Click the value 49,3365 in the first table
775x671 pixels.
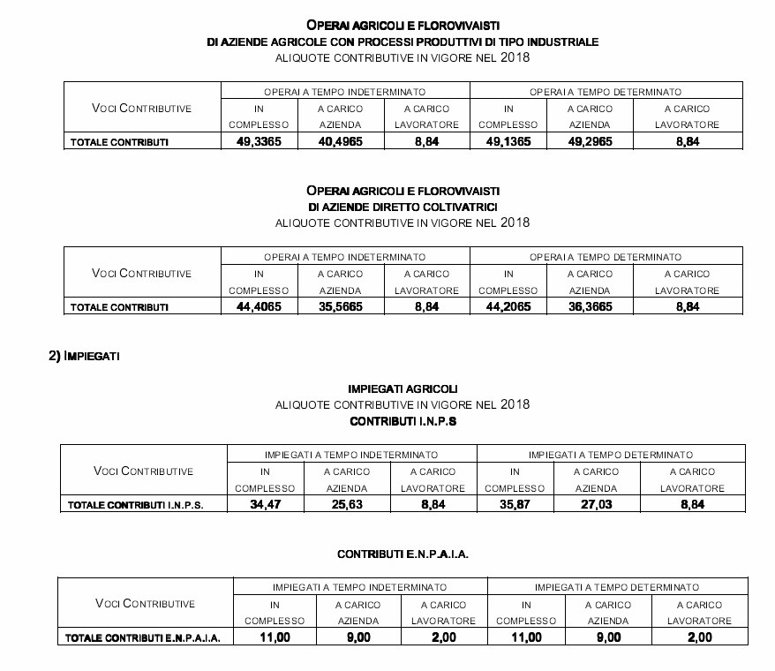coord(258,142)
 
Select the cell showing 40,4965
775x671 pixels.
coord(340,142)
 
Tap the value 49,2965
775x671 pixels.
coord(590,142)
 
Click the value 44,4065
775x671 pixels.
coord(258,306)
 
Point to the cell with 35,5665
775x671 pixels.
coord(340,306)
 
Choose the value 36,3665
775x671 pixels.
coord(590,306)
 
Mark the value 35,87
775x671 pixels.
coord(514,505)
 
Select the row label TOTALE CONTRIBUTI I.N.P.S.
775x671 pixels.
coord(137,506)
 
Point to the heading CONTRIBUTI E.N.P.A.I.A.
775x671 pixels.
coord(403,554)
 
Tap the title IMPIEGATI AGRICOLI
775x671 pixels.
coord(403,388)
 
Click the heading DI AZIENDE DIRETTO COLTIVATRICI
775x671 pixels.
coord(403,207)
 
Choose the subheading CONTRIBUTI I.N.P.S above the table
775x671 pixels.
coord(403,422)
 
